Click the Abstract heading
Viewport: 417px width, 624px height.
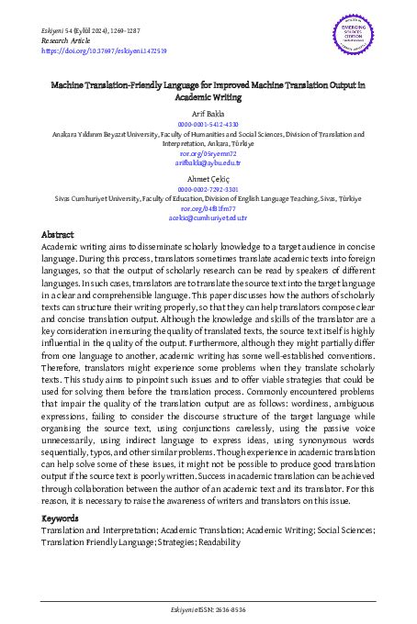58,236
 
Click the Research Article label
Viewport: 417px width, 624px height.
68,41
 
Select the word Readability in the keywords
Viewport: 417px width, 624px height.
213,542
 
